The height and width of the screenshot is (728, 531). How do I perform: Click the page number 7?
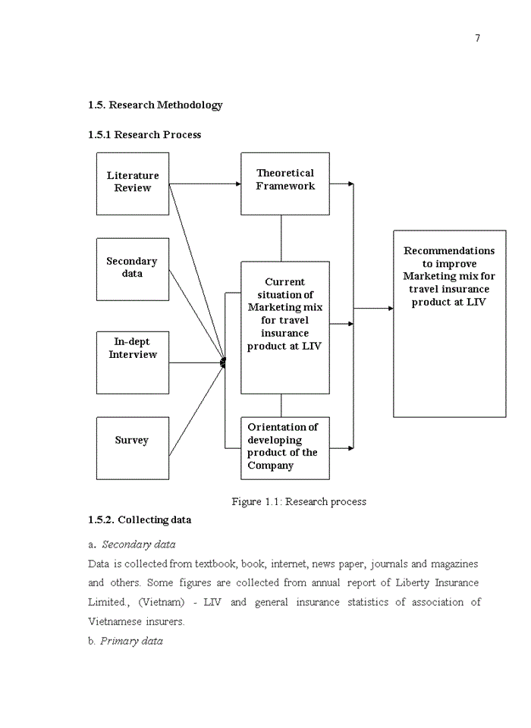(x=477, y=39)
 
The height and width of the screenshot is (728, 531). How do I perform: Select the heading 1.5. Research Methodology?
(x=155, y=105)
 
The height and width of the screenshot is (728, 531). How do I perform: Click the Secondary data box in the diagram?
(x=132, y=268)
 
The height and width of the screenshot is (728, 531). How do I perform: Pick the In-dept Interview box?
(x=133, y=361)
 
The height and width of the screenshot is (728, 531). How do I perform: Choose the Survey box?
(x=132, y=447)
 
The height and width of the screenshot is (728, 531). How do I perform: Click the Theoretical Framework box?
(x=285, y=183)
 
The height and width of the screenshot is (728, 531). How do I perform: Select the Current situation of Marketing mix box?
(x=285, y=327)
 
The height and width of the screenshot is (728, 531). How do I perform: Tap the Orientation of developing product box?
(x=285, y=447)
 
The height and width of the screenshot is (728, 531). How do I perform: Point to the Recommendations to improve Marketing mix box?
(x=449, y=323)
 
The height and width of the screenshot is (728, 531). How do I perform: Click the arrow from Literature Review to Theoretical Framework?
(x=205, y=184)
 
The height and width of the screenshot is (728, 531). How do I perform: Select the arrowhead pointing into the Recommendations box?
(x=390, y=308)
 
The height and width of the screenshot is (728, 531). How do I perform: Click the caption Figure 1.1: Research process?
(x=299, y=502)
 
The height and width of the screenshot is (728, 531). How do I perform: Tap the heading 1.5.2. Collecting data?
(x=140, y=520)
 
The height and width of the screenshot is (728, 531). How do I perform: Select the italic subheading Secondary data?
(x=138, y=544)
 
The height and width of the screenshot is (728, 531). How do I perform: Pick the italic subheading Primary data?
(x=131, y=642)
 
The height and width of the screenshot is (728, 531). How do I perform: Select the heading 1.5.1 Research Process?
(x=144, y=135)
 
